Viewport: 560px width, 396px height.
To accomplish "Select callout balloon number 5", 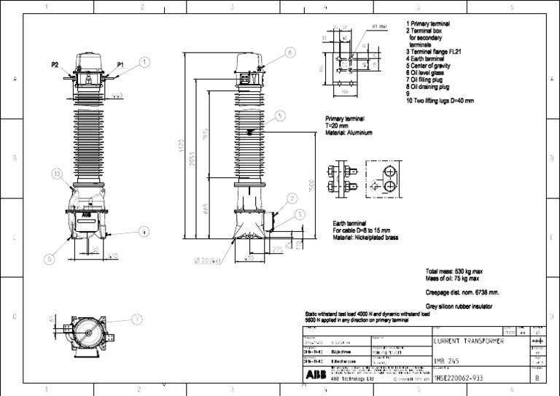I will [281, 115].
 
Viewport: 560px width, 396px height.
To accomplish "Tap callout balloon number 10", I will [57, 174].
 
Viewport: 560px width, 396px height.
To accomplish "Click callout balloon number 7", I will [137, 319].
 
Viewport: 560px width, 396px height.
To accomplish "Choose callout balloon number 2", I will [292, 198].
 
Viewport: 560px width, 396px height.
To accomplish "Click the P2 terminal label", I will [55, 65].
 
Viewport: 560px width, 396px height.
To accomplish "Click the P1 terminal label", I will [120, 65].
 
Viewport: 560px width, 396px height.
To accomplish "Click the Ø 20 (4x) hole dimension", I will [207, 260].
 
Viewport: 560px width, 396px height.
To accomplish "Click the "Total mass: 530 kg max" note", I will [454, 271].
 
